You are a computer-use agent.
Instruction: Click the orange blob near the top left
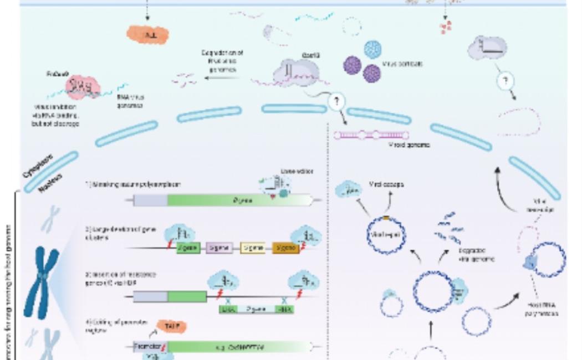pyautogui.click(x=147, y=35)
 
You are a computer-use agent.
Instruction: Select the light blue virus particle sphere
pyautogui.click(x=375, y=50)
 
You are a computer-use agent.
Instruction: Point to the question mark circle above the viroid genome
pyautogui.click(x=336, y=101)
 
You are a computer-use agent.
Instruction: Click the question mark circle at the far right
pyautogui.click(x=506, y=82)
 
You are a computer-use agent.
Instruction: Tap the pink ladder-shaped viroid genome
pyautogui.click(x=372, y=135)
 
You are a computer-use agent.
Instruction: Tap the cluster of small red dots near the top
pyautogui.click(x=446, y=26)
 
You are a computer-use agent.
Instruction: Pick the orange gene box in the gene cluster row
pyautogui.click(x=285, y=248)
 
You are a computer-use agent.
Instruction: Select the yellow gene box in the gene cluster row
pyautogui.click(x=252, y=248)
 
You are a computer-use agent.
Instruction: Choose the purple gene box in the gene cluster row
pyautogui.click(x=218, y=248)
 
